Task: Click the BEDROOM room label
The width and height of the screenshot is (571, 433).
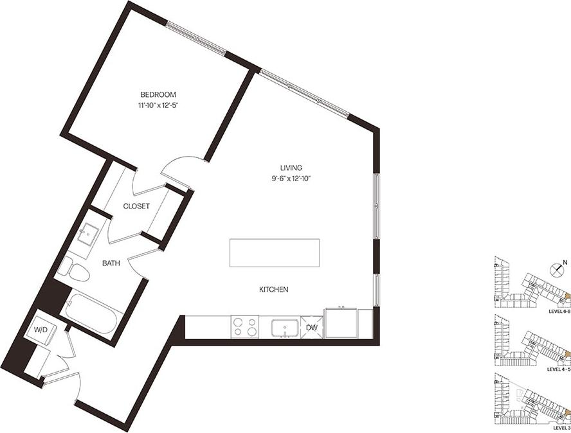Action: click(158, 94)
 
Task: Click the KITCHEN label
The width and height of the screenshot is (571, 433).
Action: click(273, 290)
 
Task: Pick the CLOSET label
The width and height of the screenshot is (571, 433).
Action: click(136, 206)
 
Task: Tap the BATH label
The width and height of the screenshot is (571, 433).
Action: click(112, 263)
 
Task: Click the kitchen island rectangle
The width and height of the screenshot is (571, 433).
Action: click(275, 252)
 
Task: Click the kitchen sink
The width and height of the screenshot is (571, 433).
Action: click(283, 327)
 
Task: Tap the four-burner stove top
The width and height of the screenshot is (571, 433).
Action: click(244, 326)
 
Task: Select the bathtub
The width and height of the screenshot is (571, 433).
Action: click(90, 312)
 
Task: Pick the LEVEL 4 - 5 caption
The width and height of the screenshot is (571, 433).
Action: click(557, 370)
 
